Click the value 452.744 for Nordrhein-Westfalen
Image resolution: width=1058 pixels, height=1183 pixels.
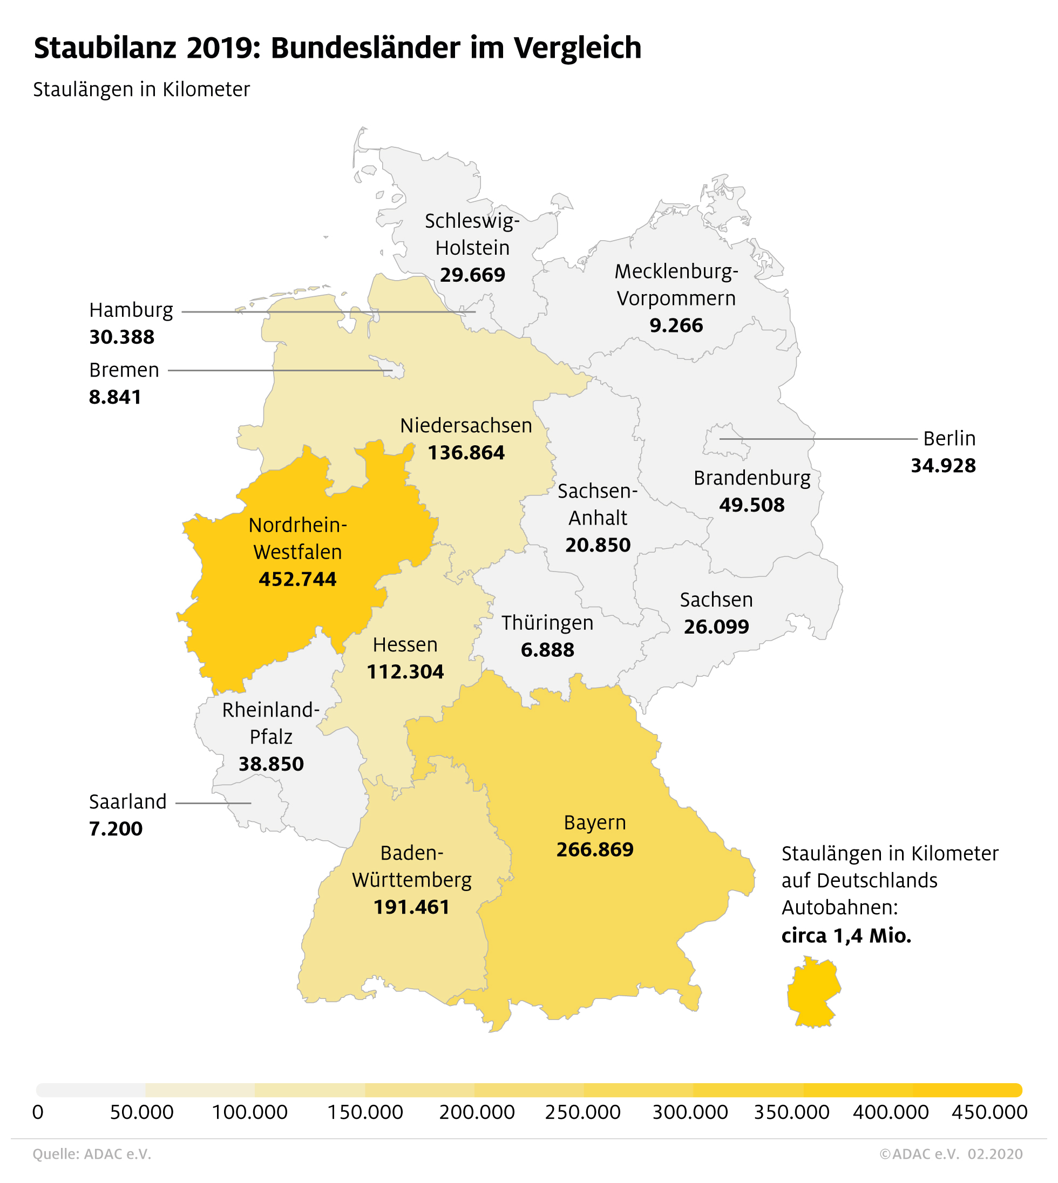click(297, 579)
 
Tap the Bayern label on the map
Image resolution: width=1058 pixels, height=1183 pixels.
click(595, 822)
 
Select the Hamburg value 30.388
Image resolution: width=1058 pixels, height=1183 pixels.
click(121, 337)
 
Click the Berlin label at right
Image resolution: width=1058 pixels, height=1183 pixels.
click(949, 438)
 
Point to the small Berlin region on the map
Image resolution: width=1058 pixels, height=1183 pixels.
click(725, 440)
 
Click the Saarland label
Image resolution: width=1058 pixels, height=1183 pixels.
click(127, 801)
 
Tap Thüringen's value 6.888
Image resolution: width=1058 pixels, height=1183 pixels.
click(547, 649)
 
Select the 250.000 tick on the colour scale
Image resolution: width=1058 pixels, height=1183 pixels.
click(582, 1113)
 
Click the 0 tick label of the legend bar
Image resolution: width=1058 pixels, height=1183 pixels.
click(38, 1113)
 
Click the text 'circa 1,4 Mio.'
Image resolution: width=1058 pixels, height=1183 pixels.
click(846, 935)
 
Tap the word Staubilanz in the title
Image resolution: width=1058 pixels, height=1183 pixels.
click(105, 47)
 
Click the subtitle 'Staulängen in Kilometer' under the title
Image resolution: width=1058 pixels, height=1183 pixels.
click(141, 90)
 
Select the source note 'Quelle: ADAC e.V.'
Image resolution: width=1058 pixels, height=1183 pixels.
click(92, 1154)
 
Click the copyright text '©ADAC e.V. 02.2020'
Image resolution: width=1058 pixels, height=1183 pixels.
click(951, 1154)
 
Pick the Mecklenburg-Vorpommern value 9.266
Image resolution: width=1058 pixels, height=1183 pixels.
click(676, 325)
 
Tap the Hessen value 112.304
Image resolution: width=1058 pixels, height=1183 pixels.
click(405, 672)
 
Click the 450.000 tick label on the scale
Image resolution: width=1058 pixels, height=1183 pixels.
click(989, 1113)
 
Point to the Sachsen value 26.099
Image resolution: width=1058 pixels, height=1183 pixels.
click(716, 627)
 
